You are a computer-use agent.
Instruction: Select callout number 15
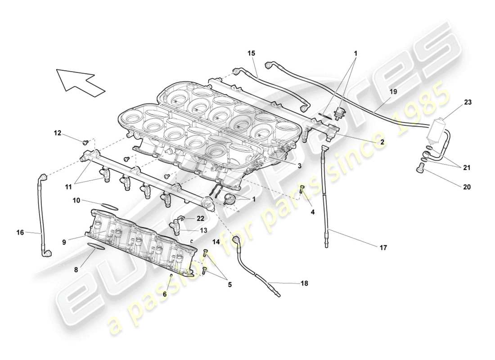[251, 54]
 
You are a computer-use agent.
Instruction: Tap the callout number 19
[393, 91]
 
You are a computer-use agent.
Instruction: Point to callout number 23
[468, 102]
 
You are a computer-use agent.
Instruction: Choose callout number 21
[468, 167]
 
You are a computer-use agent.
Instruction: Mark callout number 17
[383, 247]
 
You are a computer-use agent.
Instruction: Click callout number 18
[305, 283]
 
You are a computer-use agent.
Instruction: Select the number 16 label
[20, 233]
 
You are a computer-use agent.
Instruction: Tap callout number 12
[58, 133]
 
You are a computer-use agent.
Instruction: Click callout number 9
[64, 242]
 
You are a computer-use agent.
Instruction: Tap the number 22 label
[201, 218]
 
